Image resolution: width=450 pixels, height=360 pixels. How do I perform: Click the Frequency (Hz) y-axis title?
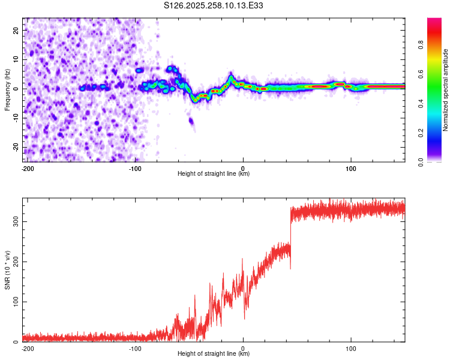[x=7, y=89]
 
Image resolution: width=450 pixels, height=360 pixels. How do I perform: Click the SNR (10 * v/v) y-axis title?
[x=7, y=269]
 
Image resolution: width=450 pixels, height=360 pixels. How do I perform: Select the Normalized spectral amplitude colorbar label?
[x=446, y=90]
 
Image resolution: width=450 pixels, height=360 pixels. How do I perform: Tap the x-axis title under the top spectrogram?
[x=214, y=174]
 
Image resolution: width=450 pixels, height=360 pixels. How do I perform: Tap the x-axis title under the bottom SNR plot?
[x=214, y=354]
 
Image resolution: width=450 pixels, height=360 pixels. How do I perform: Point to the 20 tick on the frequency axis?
[x=16, y=30]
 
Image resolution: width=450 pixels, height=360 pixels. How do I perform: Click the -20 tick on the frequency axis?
[x=15, y=148]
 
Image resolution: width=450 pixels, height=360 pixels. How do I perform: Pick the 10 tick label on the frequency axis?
[x=16, y=59]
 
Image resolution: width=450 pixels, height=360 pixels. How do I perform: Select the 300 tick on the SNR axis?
[x=14, y=221]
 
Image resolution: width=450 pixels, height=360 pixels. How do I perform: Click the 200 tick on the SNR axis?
[x=14, y=262]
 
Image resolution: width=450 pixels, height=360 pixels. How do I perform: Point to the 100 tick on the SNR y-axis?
[x=14, y=302]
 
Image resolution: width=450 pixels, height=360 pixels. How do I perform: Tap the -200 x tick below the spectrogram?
[x=27, y=168]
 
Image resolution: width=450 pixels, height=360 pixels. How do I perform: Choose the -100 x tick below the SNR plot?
[x=136, y=348]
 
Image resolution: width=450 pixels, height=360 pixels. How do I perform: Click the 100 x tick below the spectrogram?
[x=351, y=168]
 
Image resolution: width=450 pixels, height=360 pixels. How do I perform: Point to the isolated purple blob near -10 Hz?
[x=191, y=122]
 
